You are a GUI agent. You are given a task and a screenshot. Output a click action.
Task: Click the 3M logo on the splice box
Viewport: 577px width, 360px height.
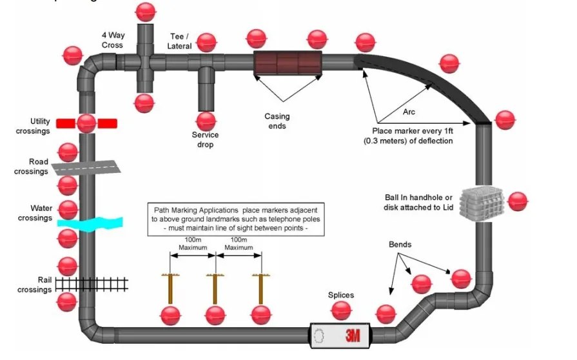click(352, 335)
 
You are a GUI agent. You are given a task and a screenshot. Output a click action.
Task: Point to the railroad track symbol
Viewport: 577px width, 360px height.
click(92, 284)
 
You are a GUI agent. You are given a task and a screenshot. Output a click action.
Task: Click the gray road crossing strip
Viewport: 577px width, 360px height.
click(87, 168)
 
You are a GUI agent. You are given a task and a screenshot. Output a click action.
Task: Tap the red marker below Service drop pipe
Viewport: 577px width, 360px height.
click(206, 121)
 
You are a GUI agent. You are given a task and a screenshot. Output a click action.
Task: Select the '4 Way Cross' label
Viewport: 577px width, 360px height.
click(112, 40)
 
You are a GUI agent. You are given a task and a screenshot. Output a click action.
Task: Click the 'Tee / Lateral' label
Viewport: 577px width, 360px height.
click(180, 41)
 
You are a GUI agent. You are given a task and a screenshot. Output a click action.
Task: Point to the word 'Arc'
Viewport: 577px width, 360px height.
click(409, 112)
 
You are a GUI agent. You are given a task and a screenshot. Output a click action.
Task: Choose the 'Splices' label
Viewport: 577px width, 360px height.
click(341, 295)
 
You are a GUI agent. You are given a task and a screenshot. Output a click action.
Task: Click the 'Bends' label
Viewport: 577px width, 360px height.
click(400, 245)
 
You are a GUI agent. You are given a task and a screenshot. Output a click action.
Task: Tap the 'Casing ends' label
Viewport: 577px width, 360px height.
click(277, 121)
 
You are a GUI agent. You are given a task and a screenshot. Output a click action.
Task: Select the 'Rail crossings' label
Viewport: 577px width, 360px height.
click(34, 285)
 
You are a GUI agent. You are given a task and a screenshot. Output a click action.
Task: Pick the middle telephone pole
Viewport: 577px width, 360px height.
click(215, 288)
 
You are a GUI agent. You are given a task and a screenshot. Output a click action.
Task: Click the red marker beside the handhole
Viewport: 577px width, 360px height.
click(518, 202)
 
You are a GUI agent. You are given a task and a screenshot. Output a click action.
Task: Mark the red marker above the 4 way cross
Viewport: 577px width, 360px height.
click(146, 11)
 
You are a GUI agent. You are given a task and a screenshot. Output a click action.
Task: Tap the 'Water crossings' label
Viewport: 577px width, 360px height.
click(35, 213)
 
